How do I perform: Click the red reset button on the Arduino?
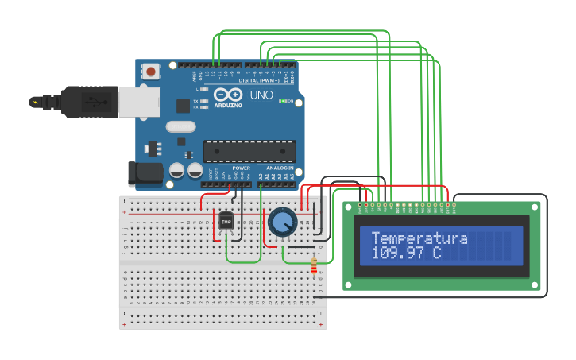coord(151,72)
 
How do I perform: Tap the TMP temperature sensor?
coord(226,220)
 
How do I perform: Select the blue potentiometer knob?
coord(282,223)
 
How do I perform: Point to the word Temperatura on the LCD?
coord(419,238)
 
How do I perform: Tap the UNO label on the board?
coord(261,95)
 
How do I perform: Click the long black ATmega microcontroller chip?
coord(249,150)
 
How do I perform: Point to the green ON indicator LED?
coord(281,102)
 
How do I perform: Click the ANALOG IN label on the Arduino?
coord(279,168)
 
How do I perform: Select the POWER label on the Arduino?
coord(242,168)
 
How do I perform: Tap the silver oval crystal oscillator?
coord(180,126)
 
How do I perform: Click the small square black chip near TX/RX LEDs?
coord(183,105)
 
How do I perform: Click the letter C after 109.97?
coord(437,254)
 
